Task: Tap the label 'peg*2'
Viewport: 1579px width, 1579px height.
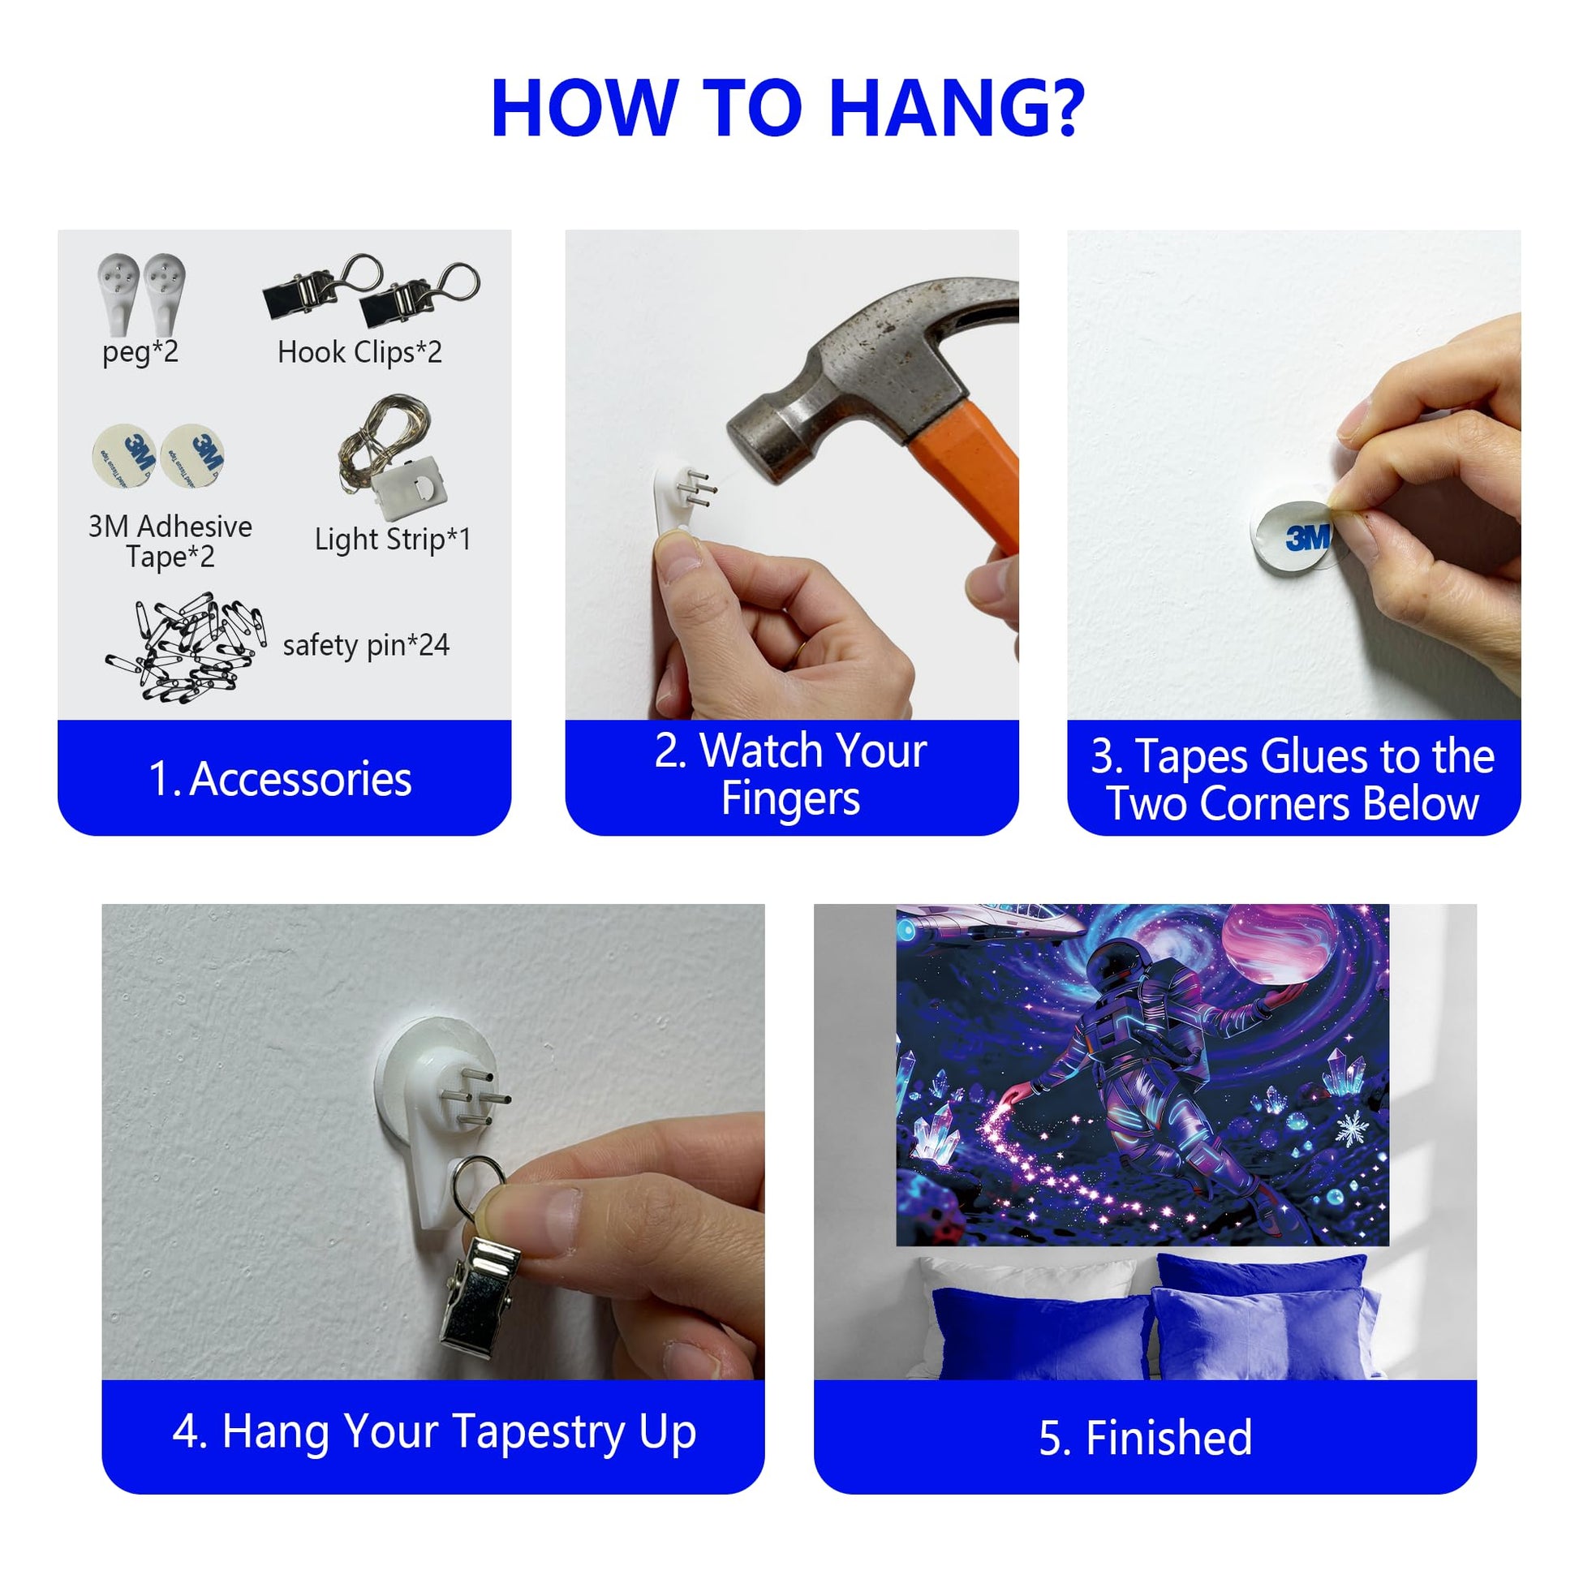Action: pyautogui.click(x=140, y=352)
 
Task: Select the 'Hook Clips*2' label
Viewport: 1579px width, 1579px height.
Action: pyautogui.click(x=359, y=352)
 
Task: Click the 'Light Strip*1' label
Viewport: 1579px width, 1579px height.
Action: pyautogui.click(x=393, y=540)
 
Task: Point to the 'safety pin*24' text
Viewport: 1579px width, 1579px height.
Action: pyautogui.click(x=366, y=645)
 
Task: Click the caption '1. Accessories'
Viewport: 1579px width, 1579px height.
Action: pyautogui.click(x=280, y=779)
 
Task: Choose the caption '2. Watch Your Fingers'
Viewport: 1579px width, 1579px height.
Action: pyautogui.click(x=791, y=774)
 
